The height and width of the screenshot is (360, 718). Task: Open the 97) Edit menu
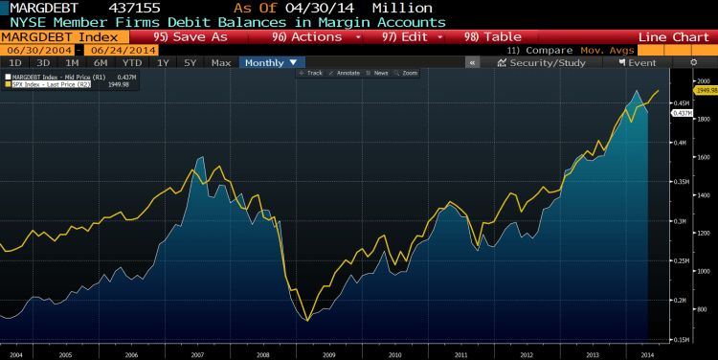(x=407, y=36)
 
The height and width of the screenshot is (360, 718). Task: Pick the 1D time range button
(x=14, y=62)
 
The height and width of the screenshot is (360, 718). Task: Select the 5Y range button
(x=190, y=62)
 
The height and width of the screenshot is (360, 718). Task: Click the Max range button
(x=220, y=62)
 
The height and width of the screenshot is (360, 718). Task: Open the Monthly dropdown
(x=271, y=62)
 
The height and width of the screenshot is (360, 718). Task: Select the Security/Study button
(x=541, y=62)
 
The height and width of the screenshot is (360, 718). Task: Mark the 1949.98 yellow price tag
(x=705, y=90)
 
